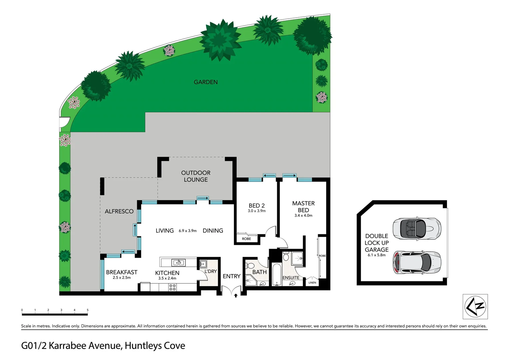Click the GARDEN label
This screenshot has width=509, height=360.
[206, 82]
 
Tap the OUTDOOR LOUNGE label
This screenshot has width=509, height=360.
[196, 176]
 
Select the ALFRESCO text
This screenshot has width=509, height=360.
[119, 211]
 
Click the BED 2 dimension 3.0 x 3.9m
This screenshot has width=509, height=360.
[256, 211]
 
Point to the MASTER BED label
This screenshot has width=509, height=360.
[303, 207]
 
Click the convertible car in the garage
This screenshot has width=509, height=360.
[417, 228]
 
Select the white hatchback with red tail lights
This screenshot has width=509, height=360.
[417, 262]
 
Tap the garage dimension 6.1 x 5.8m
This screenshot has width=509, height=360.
[376, 255]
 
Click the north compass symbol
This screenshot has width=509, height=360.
[475, 306]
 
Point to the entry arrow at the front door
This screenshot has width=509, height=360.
[236, 295]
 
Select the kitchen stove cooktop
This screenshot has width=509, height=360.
[172, 287]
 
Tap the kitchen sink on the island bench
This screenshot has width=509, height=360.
[178, 263]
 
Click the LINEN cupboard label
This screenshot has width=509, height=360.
[312, 283]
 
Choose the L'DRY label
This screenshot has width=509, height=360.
[211, 271]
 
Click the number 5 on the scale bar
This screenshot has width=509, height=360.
[88, 310]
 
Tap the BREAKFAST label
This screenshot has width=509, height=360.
[122, 272]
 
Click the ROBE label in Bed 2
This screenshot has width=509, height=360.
[247, 239]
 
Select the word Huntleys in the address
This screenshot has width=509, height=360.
[140, 346]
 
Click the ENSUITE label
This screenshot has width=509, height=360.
[291, 278]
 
